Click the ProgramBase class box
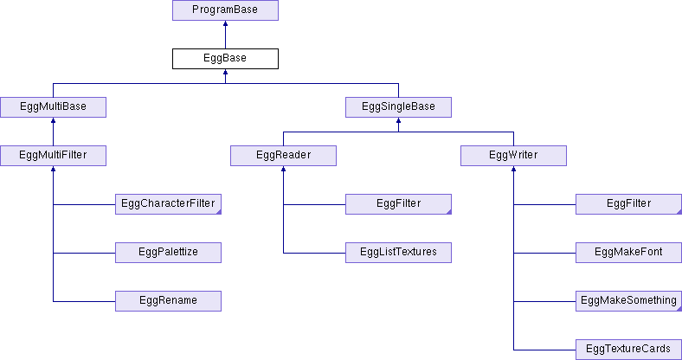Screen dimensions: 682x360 [225, 10]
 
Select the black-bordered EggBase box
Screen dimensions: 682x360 [225, 59]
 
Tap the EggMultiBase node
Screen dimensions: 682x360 [53, 107]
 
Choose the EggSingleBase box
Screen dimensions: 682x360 [398, 107]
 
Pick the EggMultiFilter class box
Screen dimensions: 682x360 [53, 156]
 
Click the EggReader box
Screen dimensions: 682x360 [283, 156]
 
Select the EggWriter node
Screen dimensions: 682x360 [513, 156]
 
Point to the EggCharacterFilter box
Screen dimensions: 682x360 [168, 204]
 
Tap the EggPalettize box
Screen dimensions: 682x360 [168, 253]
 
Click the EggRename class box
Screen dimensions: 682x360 [168, 301]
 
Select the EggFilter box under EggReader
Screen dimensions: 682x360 [398, 204]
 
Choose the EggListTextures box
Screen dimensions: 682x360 [398, 253]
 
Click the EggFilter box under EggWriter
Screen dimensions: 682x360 [628, 204]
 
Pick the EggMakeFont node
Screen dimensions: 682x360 [628, 253]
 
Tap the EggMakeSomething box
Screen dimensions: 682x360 [628, 301]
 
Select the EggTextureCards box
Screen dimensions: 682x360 [628, 350]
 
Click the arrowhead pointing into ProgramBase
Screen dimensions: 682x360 [225, 23]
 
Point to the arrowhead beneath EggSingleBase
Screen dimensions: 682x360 [398, 120]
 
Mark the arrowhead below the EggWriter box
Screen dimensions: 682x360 [513, 169]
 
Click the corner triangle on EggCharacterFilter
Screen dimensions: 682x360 [219, 212]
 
